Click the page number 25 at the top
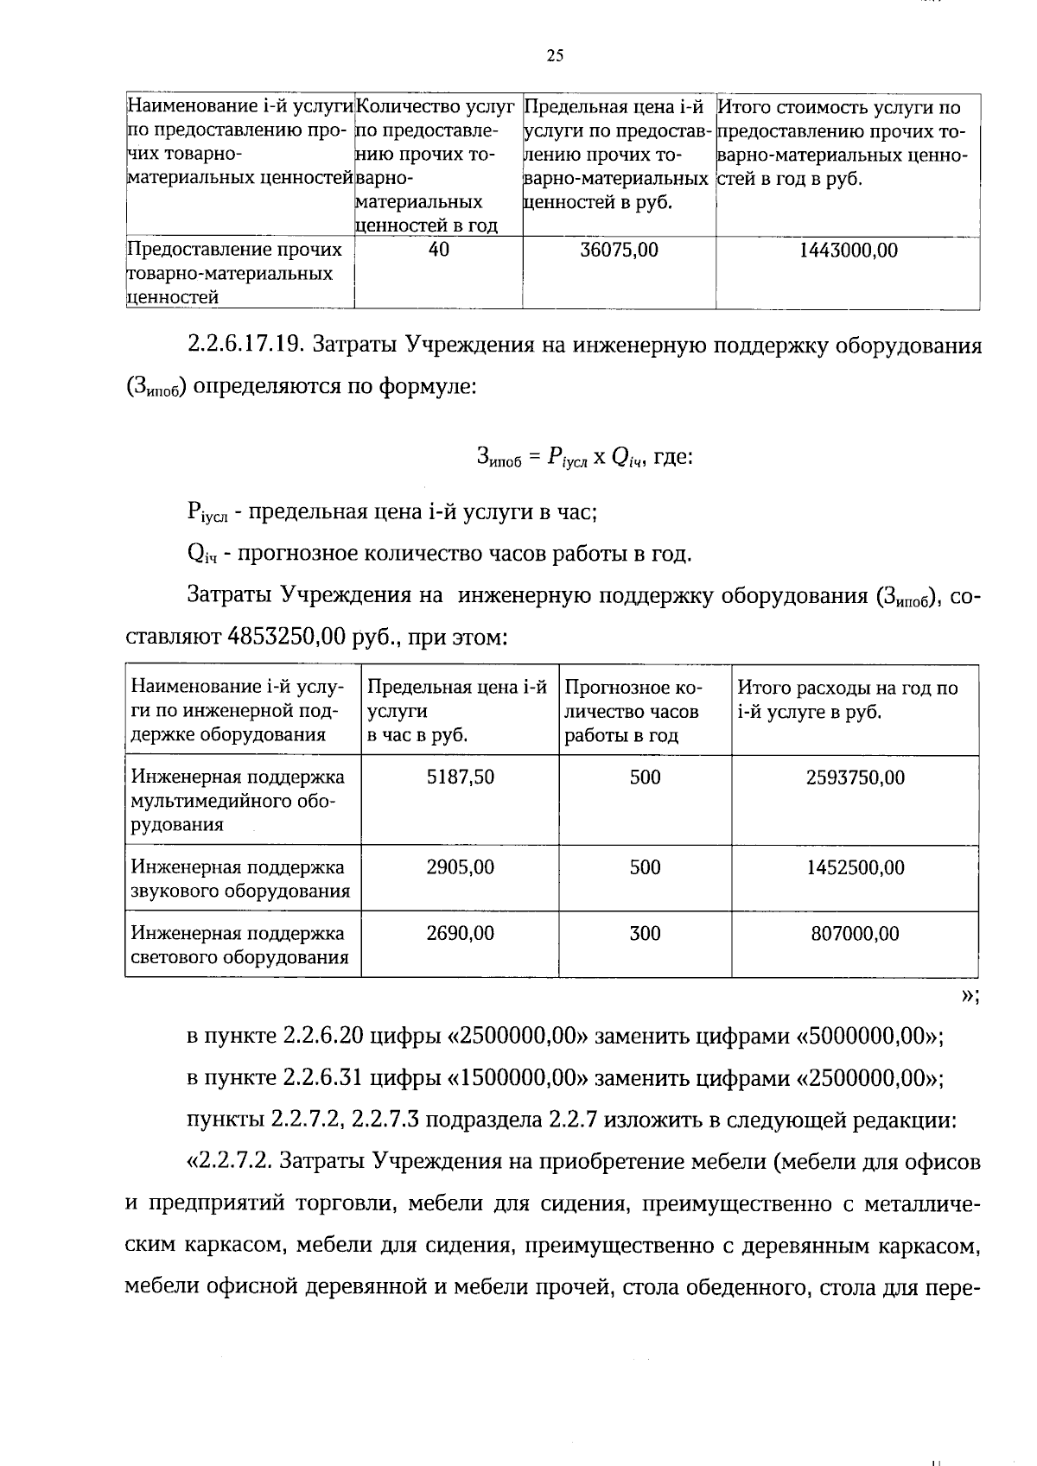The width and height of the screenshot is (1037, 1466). click(555, 56)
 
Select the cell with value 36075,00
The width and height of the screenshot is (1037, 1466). click(619, 251)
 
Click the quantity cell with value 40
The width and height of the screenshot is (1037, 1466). click(439, 251)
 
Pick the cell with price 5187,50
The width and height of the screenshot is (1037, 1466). click(461, 777)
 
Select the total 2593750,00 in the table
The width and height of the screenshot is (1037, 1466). click(855, 777)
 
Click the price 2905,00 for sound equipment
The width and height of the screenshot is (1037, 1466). click(461, 867)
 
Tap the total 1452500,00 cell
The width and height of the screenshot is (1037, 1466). click(855, 867)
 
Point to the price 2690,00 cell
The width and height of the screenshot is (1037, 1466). click(461, 933)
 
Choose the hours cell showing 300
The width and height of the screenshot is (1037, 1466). click(645, 933)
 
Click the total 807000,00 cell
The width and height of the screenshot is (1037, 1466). click(855, 933)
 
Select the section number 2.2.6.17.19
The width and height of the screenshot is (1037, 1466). click(244, 346)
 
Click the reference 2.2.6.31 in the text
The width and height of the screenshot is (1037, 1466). click(323, 1078)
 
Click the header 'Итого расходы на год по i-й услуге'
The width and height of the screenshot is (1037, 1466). click(847, 700)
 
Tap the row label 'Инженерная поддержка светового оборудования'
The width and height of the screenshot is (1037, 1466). click(239, 945)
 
